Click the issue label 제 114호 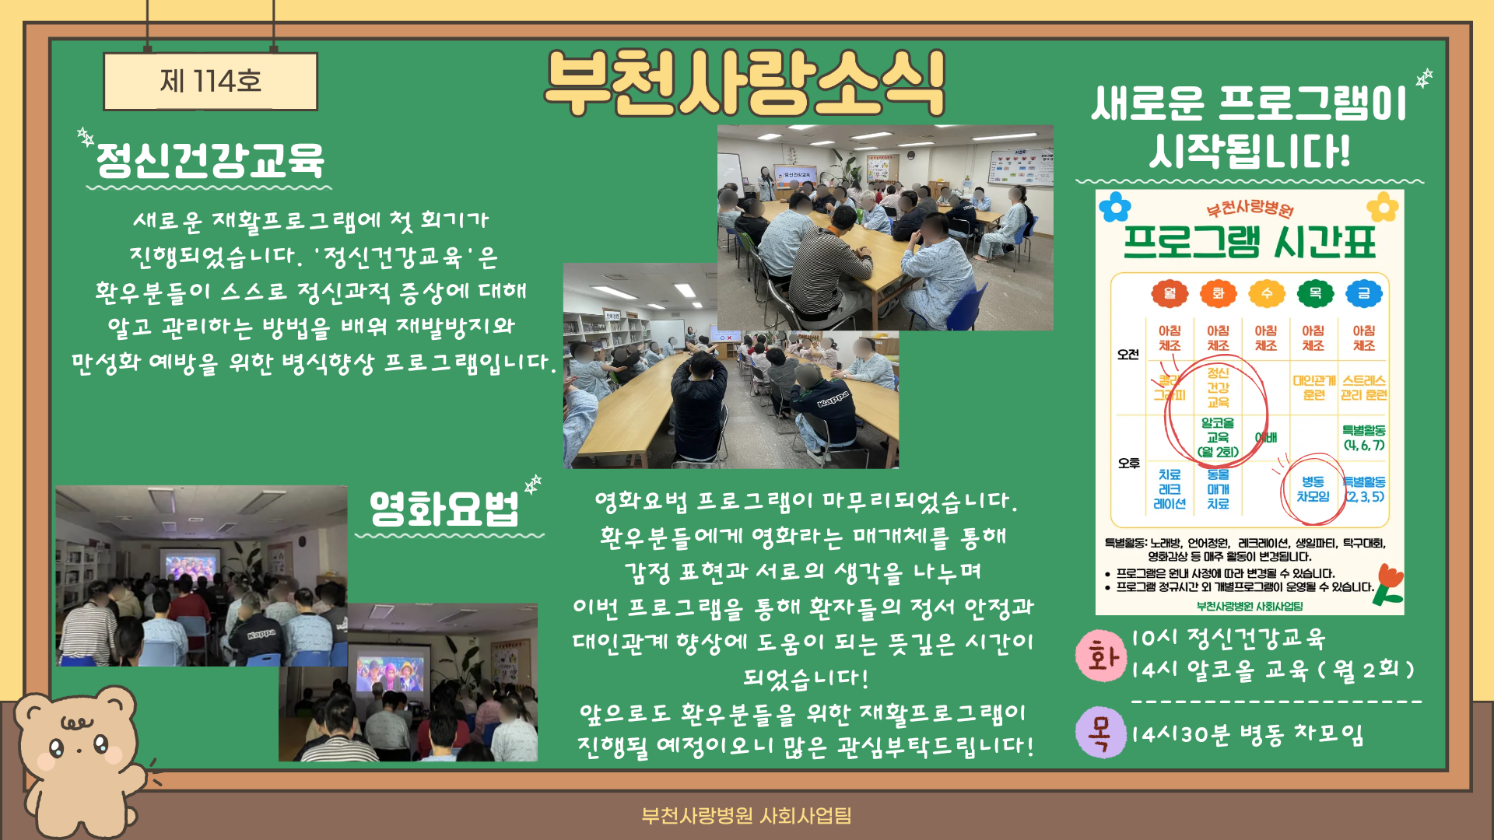click(210, 81)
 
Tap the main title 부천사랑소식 click(745, 83)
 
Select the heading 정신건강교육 click(209, 160)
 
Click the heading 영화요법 click(444, 509)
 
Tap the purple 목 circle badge click(1100, 733)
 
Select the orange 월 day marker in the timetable click(1170, 293)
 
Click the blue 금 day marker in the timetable click(1363, 293)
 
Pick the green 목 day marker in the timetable click(1315, 293)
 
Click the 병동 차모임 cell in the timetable click(1313, 489)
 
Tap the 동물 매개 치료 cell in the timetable click(1218, 489)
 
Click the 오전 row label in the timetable click(1128, 355)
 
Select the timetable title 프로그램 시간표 click(1249, 242)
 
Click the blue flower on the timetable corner click(1115, 208)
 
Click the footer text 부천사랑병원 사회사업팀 click(746, 815)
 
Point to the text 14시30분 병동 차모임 click(1247, 734)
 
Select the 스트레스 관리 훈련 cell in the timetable click(1363, 387)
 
